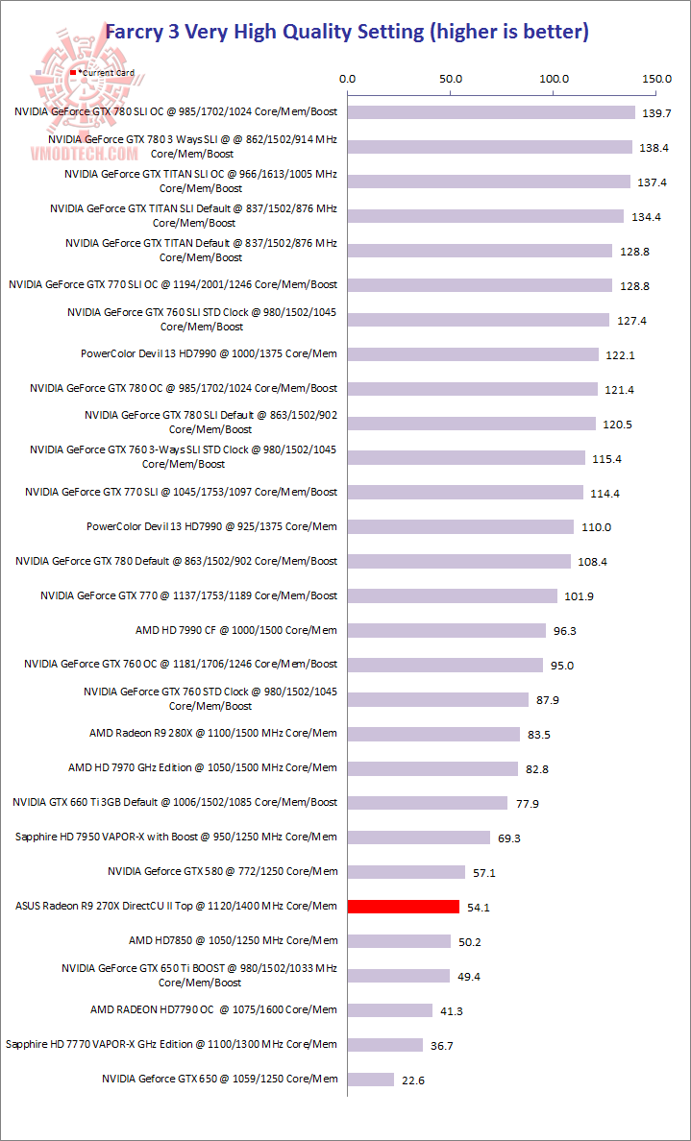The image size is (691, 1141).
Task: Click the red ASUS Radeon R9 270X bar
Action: [404, 906]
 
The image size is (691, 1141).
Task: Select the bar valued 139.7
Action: [491, 112]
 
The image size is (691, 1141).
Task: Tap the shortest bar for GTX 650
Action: [371, 1079]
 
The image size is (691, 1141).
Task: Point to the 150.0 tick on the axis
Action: [657, 79]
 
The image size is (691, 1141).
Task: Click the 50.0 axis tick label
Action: [451, 79]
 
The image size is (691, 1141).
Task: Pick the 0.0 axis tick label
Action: [348, 79]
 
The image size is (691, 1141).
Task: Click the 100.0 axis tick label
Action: [555, 79]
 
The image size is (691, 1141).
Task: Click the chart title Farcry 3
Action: [345, 32]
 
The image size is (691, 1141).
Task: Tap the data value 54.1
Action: [481, 907]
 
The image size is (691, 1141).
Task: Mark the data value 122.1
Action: [620, 354]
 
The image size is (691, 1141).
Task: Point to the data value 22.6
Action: [413, 1080]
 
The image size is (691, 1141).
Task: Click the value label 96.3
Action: [567, 631]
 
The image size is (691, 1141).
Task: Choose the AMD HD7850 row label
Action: [233, 940]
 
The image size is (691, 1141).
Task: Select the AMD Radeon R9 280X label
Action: [213, 733]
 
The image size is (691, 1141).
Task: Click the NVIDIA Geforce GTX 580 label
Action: [223, 871]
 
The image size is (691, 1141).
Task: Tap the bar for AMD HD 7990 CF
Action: [447, 630]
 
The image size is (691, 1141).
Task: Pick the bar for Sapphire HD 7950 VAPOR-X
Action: [419, 838]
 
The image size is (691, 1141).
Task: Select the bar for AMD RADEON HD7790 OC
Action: [390, 1009]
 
